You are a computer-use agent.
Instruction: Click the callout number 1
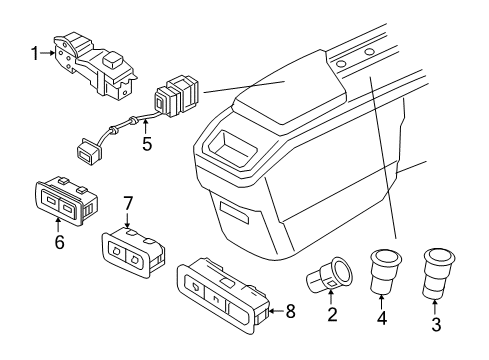[x=35, y=54]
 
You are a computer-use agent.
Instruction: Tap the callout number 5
[x=147, y=144]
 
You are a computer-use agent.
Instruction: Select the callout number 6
[x=59, y=242]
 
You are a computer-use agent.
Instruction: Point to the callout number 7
[x=128, y=203]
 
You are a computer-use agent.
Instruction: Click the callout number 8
[x=291, y=312]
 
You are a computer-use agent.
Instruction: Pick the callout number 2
[x=332, y=314]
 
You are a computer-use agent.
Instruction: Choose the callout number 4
[x=382, y=318]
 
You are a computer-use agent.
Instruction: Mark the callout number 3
[x=436, y=324]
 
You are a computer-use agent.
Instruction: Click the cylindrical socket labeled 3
[x=438, y=273]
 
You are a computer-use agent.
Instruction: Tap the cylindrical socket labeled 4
[x=386, y=271]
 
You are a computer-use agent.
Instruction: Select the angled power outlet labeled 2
[x=329, y=275]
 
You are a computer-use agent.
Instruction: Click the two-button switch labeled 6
[x=66, y=200]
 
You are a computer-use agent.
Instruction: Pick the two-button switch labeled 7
[x=133, y=250]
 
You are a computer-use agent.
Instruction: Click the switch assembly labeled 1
[x=95, y=66]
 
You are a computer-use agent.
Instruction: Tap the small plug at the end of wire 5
[x=89, y=151]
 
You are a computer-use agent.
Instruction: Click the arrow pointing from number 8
[x=276, y=311]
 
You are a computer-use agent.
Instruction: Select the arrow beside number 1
[x=48, y=53]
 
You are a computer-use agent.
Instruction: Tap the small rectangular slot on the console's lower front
[x=235, y=212]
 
